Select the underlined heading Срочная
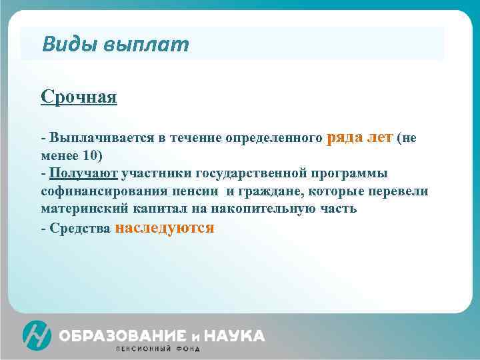79,97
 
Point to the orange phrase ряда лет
360,137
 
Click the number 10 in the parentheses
89,156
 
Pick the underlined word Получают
83,173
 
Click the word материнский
83,209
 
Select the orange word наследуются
165,227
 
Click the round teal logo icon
37,335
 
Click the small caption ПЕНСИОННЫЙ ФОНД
157,349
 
